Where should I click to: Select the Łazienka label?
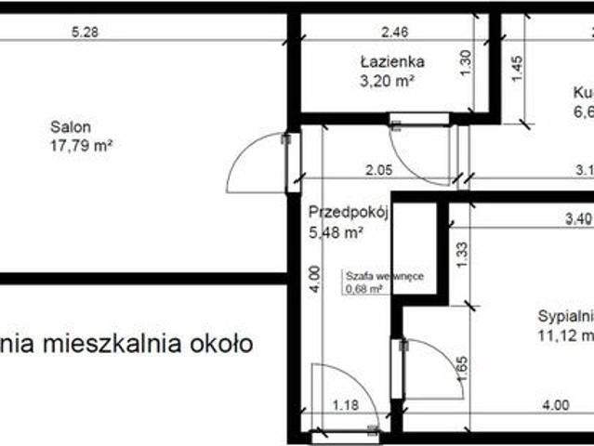pyautogui.click(x=392, y=62)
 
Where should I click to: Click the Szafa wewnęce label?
pyautogui.click(x=372, y=276)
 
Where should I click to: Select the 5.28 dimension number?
pyautogui.click(x=85, y=31)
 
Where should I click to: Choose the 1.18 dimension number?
pyautogui.click(x=346, y=405)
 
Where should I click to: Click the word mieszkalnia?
pyautogui.click(x=105, y=343)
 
